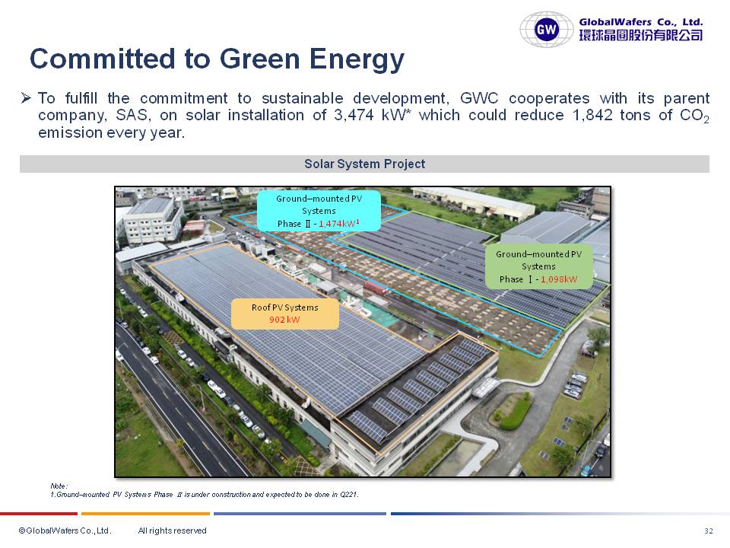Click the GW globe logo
click(546, 30)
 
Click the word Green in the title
click(259, 59)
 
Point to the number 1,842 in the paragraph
click(592, 115)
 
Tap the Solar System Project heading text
click(364, 164)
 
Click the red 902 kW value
click(284, 320)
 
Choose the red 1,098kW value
click(559, 279)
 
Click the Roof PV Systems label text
click(285, 307)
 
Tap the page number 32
click(709, 530)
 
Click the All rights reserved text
click(173, 530)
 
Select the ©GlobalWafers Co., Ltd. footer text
click(65, 530)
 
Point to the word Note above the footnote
click(59, 486)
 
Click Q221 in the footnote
click(349, 495)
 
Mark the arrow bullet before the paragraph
click(26, 98)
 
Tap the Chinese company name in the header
click(641, 35)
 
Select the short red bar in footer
click(39, 514)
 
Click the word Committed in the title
click(102, 59)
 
